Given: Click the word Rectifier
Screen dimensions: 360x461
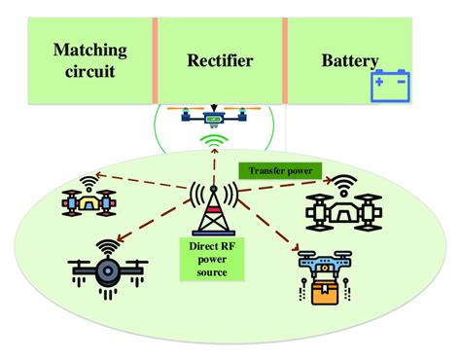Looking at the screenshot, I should click(220, 61).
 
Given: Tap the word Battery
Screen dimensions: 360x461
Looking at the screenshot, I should click(349, 61).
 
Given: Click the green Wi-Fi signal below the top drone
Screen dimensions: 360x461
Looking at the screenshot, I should click(213, 142).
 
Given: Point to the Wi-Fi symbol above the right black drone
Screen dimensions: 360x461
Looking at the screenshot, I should click(343, 183).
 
